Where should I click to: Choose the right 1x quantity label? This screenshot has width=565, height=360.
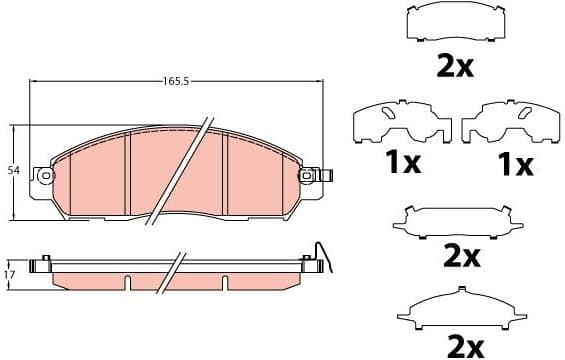click(517, 163)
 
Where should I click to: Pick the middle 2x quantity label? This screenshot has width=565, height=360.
click(461, 256)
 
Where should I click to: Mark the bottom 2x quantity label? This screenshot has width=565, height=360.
click(460, 346)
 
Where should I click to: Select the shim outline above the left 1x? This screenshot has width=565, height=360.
click(399, 123)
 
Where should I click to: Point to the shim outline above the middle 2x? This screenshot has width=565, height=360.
click(461, 220)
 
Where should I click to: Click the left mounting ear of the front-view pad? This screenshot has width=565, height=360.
click(43, 176)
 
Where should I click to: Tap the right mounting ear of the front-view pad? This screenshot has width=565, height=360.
click(314, 176)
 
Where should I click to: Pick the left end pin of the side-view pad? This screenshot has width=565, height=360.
click(42, 266)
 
